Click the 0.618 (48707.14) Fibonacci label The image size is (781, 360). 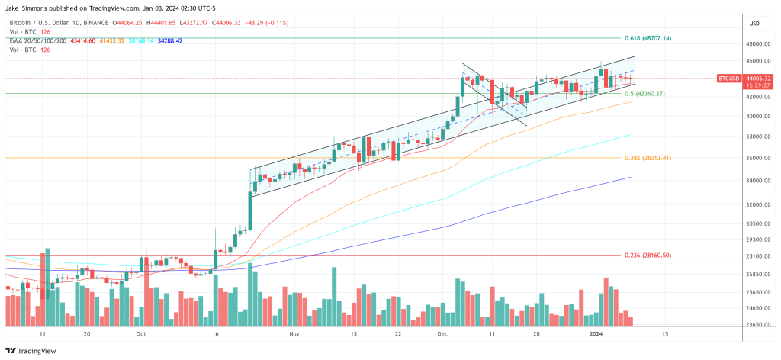648,37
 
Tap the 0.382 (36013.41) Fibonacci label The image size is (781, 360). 648,157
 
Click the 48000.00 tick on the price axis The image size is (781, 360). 757,43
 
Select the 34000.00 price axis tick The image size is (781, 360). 757,181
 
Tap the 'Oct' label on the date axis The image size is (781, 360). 140,334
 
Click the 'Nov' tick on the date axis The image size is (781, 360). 293,334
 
